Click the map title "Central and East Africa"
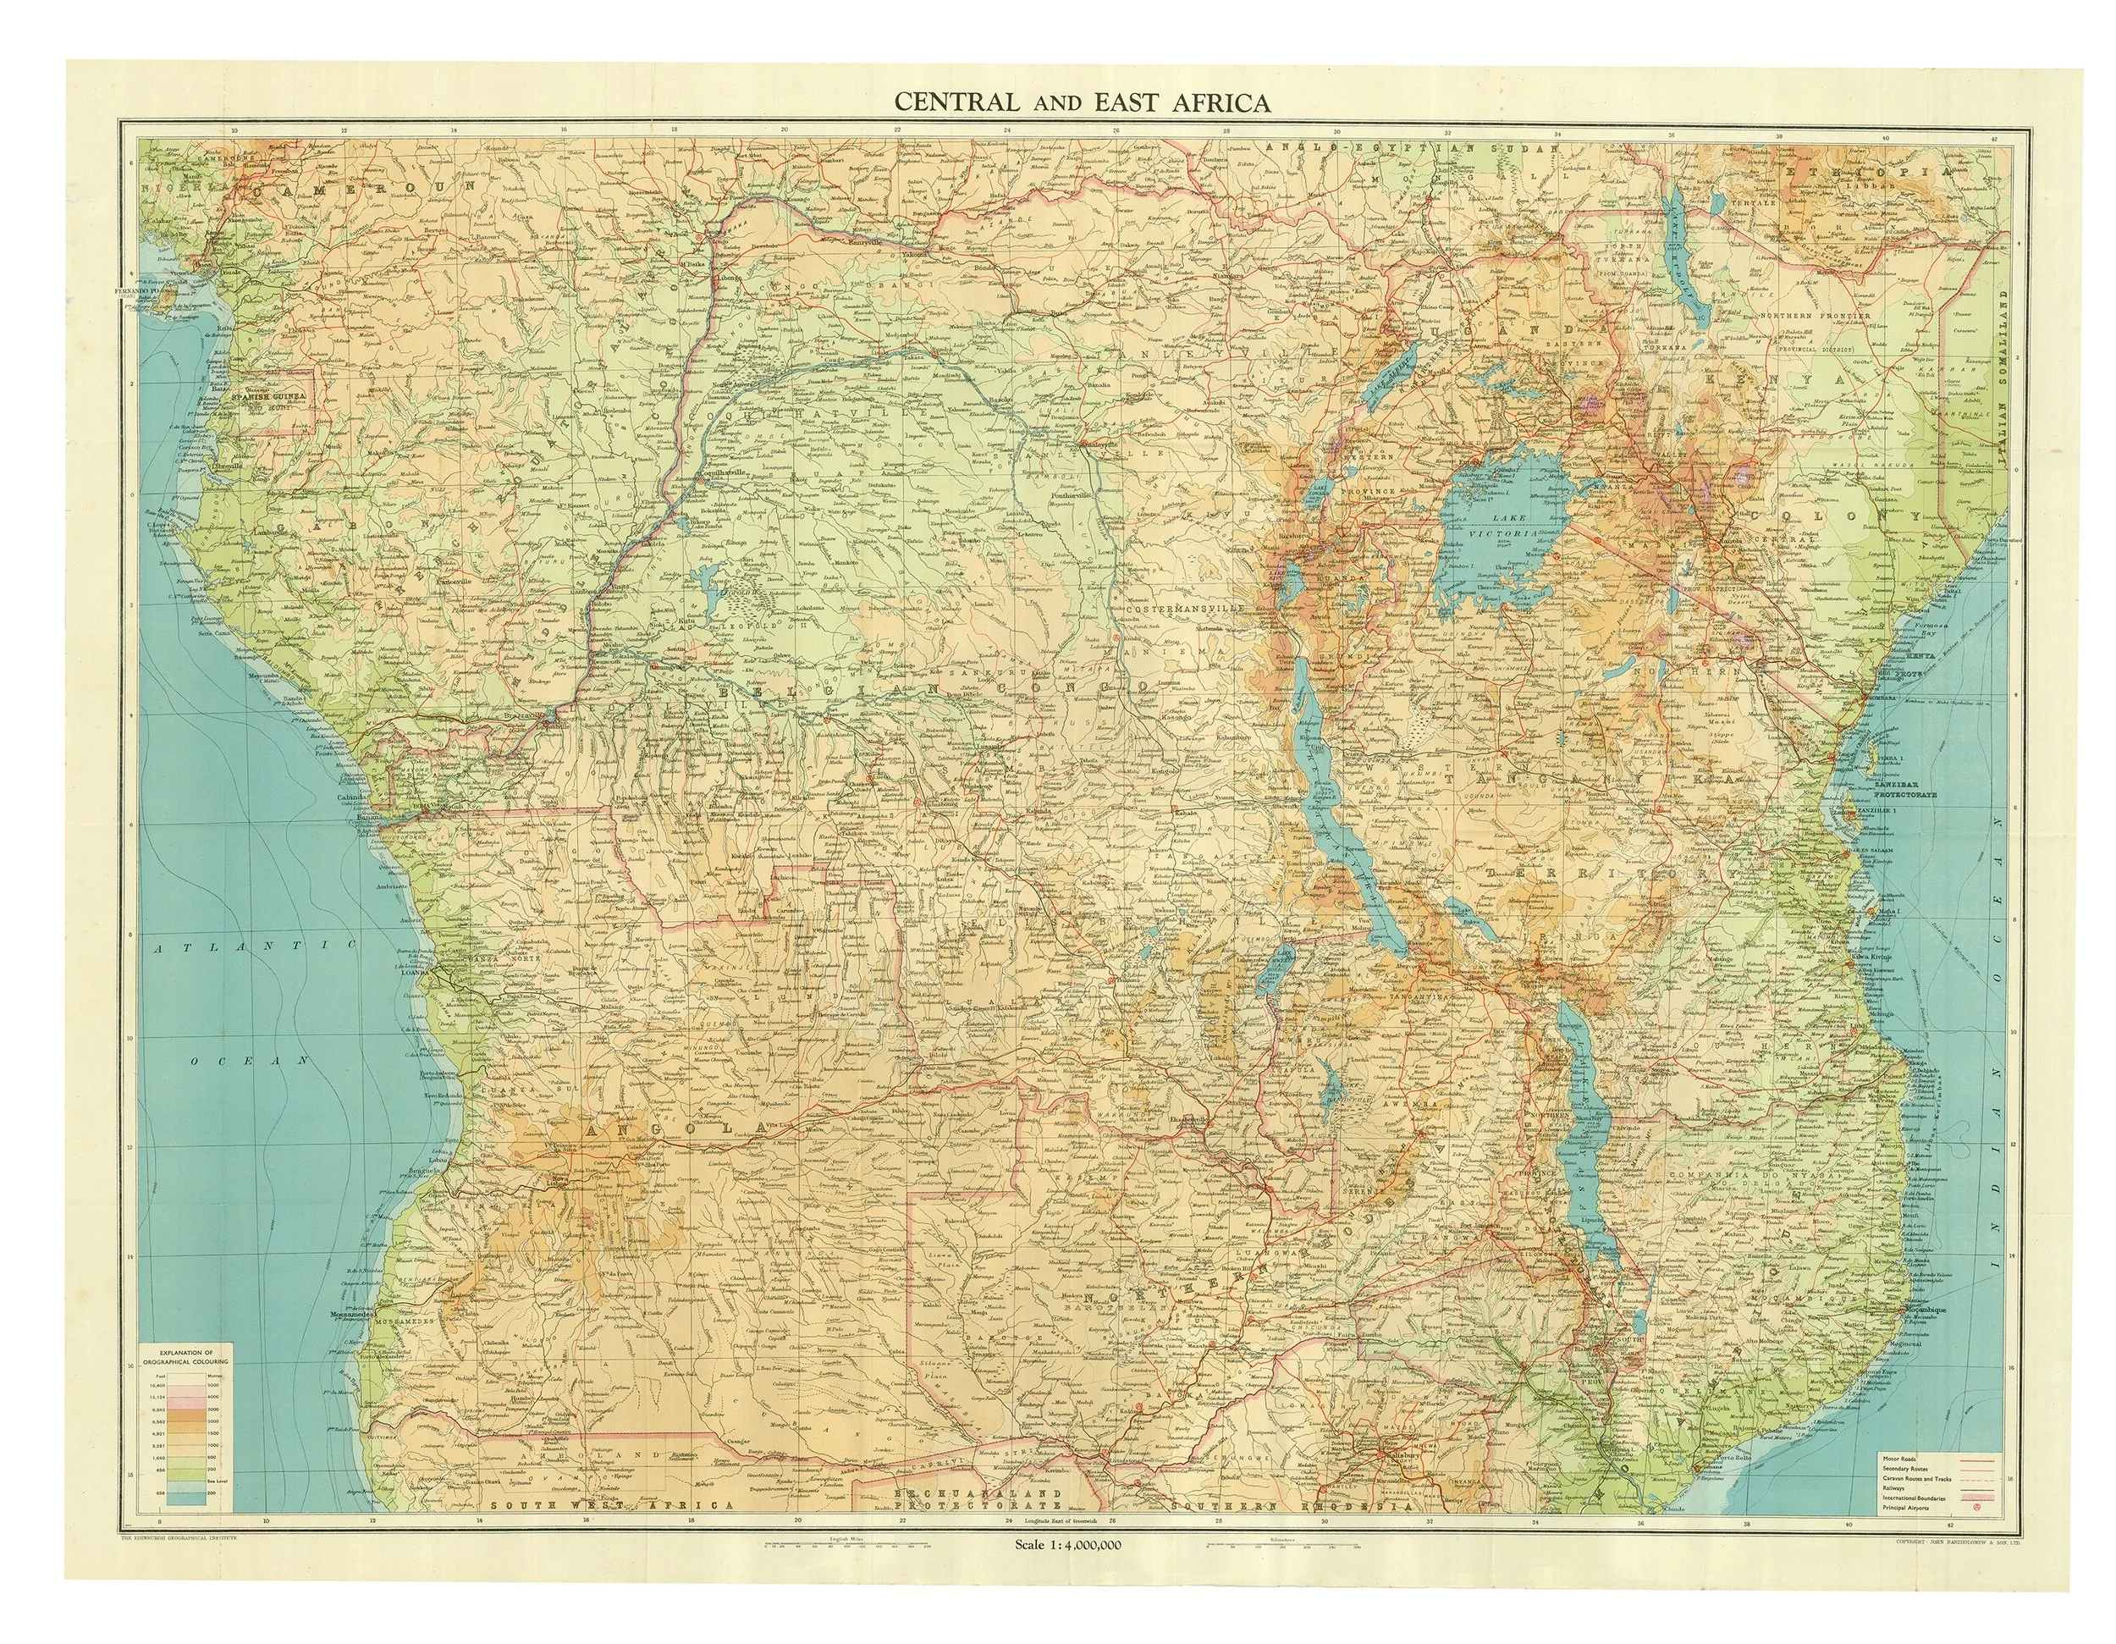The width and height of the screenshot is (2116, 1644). [1080, 102]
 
